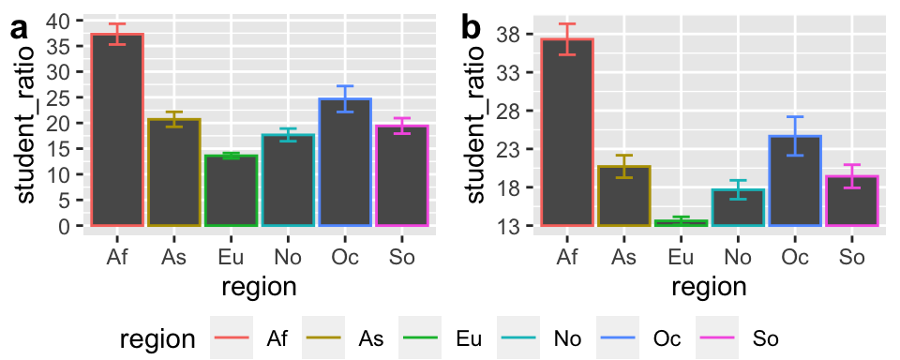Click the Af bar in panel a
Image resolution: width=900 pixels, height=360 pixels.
tap(117, 130)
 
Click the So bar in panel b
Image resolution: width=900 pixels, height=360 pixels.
tap(851, 201)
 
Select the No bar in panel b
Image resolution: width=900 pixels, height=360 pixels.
tap(738, 207)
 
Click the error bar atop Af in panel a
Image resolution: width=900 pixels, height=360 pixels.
tap(117, 34)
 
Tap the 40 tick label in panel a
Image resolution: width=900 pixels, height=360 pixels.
tap(57, 22)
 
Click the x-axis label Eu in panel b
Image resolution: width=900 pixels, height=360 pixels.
tap(681, 255)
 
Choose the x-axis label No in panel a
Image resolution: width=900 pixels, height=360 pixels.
tap(288, 255)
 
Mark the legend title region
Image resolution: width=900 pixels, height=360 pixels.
tap(157, 338)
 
